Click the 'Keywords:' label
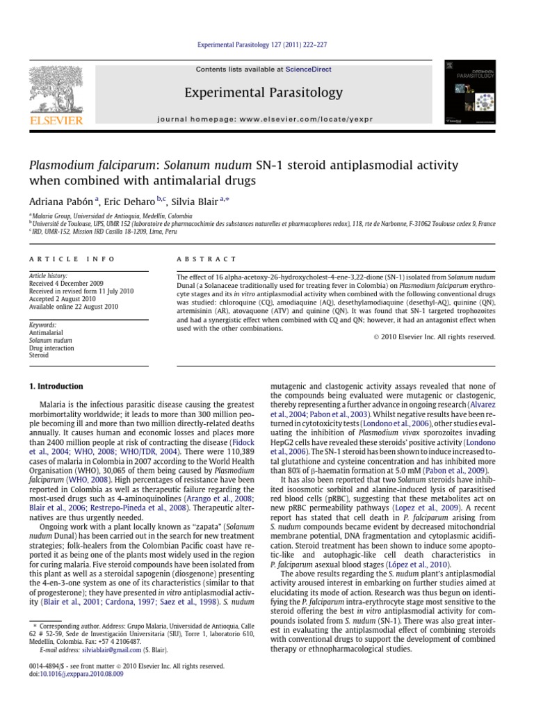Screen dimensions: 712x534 click(x=43, y=325)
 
